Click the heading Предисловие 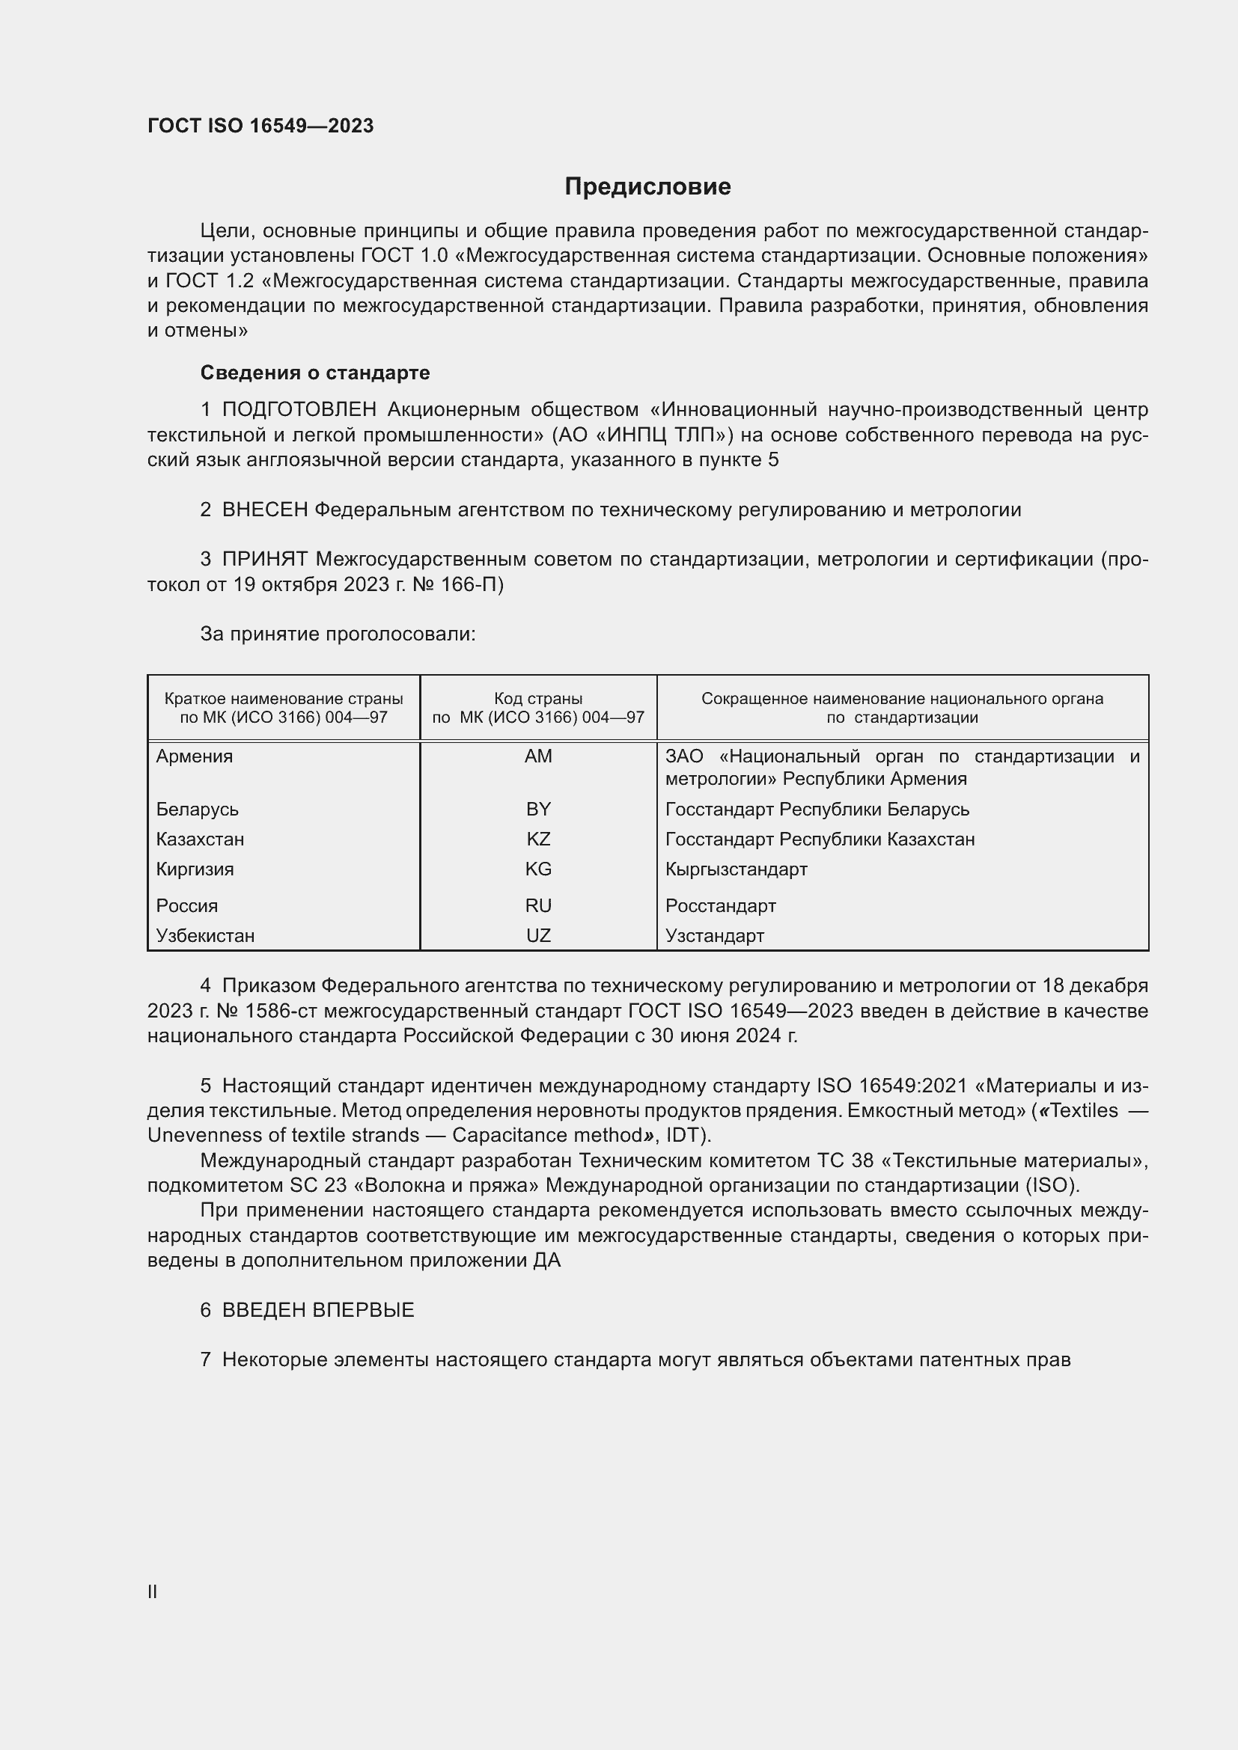coord(647,187)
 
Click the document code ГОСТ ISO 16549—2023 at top coord(260,126)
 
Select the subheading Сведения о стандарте coord(315,373)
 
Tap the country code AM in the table coord(538,756)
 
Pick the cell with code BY coord(538,809)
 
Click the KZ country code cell coord(538,839)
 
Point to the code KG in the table coord(538,869)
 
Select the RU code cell coord(538,905)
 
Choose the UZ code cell coord(538,935)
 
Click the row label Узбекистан coord(205,935)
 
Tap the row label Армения coord(195,756)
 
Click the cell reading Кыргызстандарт coord(736,869)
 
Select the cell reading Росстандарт coord(720,905)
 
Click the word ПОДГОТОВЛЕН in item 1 coord(299,410)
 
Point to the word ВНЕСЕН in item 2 coord(264,510)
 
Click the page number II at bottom coord(153,1591)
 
